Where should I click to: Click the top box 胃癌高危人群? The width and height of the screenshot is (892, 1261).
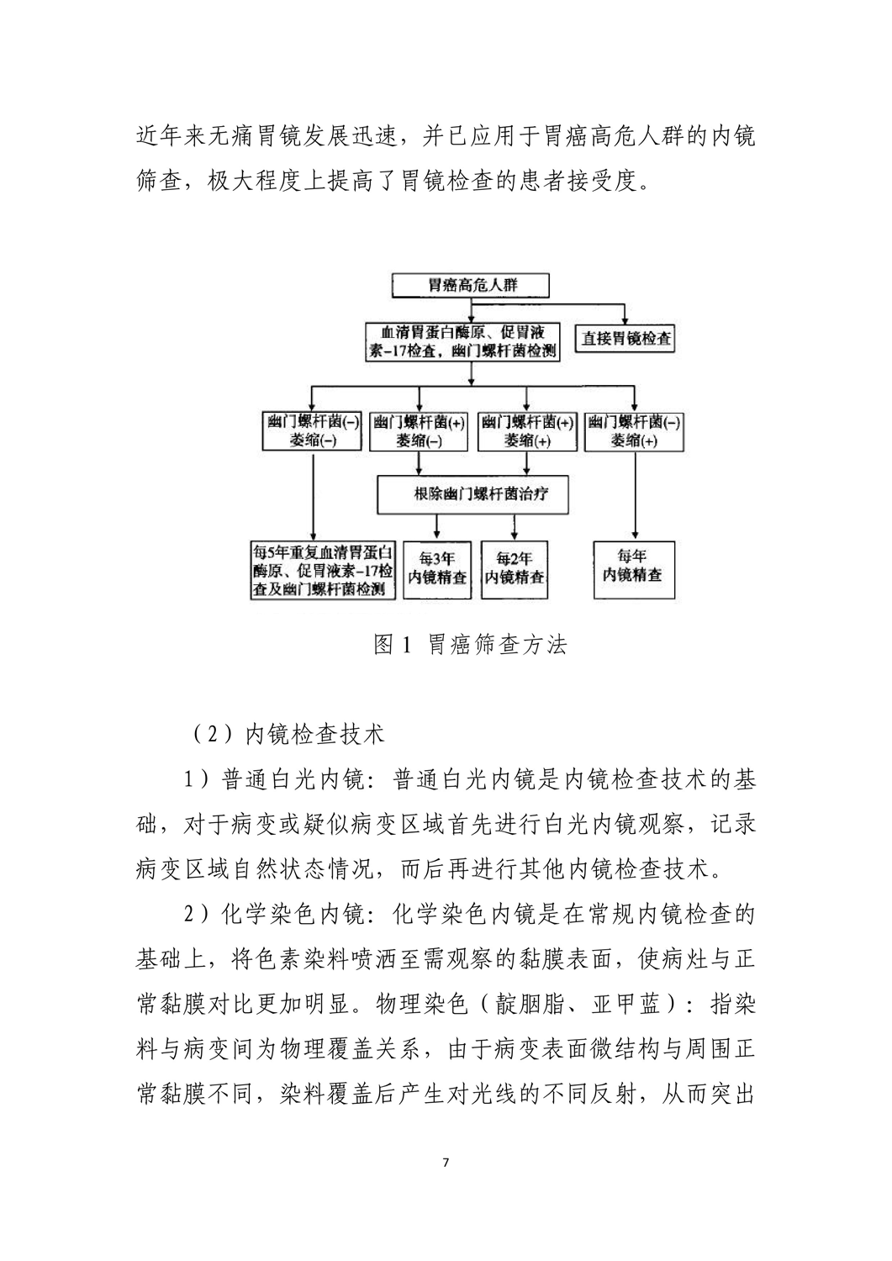pyautogui.click(x=469, y=285)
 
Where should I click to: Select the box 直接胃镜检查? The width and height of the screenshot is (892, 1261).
pyautogui.click(x=626, y=339)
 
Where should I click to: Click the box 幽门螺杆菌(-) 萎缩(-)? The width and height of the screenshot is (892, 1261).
pyautogui.click(x=313, y=431)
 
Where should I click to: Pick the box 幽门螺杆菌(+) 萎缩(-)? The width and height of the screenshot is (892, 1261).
pyautogui.click(x=419, y=431)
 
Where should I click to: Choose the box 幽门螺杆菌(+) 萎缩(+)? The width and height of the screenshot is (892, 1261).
pyautogui.click(x=526, y=431)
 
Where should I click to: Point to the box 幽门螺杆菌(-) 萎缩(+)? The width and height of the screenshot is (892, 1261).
pyautogui.click(x=633, y=431)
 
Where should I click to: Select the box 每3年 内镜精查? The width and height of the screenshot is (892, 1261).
pyautogui.click(x=437, y=568)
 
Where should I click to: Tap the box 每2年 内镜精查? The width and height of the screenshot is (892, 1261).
pyautogui.click(x=514, y=568)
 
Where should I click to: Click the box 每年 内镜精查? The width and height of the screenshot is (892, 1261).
pyautogui.click(x=633, y=567)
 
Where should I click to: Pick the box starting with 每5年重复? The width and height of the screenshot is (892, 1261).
pyautogui.click(x=324, y=569)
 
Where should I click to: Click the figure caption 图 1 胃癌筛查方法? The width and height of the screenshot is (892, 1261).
pyautogui.click(x=470, y=645)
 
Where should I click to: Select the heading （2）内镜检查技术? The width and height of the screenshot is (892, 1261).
pyautogui.click(x=285, y=734)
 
